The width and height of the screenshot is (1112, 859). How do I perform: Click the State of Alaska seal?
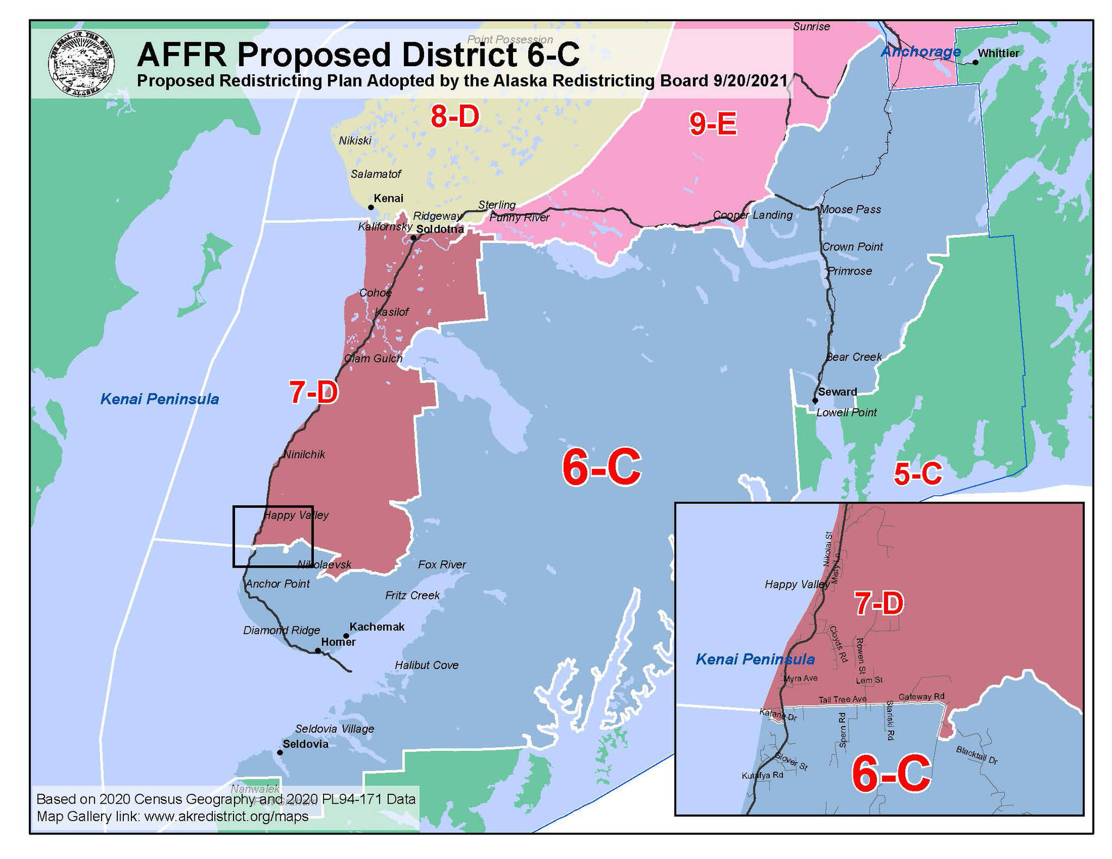(x=81, y=63)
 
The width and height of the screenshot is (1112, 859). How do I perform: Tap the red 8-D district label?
(x=455, y=117)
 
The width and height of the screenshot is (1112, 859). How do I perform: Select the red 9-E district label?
(x=713, y=124)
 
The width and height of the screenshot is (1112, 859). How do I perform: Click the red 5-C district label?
(x=918, y=474)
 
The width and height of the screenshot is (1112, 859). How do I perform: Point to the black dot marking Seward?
(x=815, y=401)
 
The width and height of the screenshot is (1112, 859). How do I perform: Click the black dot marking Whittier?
(x=975, y=62)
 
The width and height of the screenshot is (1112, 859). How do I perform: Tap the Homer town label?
(x=338, y=642)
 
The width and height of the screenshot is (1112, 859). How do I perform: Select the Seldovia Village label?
(x=334, y=729)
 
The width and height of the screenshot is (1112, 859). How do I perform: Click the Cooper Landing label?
(x=753, y=215)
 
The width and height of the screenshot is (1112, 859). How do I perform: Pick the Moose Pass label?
(x=851, y=209)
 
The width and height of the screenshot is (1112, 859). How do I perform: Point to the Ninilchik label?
(x=305, y=455)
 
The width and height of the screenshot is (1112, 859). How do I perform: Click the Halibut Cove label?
(x=427, y=665)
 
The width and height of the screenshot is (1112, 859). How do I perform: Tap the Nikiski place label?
(x=355, y=141)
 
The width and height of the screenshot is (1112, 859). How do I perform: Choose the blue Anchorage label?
(x=921, y=52)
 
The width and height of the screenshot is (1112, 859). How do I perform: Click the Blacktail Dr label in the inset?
(x=977, y=755)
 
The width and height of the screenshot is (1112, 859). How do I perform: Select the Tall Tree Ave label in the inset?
(x=843, y=699)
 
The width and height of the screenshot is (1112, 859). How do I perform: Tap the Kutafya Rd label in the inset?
(x=762, y=775)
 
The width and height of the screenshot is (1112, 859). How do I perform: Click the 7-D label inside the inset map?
(x=879, y=604)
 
